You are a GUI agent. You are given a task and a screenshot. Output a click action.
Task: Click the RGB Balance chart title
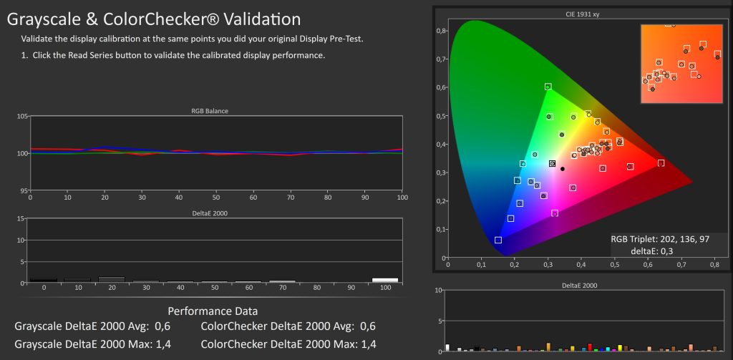(x=215, y=111)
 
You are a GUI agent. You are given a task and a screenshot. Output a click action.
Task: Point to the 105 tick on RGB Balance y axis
(x=22, y=116)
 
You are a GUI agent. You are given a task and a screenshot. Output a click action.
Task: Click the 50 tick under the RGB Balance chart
(x=215, y=197)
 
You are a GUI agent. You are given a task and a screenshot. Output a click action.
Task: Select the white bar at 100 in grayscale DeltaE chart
(x=384, y=280)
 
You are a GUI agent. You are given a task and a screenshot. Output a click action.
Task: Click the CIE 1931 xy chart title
(x=584, y=14)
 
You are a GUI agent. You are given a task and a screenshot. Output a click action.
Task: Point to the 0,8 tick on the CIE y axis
(x=442, y=31)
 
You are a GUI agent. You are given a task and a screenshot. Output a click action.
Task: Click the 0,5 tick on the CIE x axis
(x=614, y=265)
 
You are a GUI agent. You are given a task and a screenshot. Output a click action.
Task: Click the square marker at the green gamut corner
(x=548, y=87)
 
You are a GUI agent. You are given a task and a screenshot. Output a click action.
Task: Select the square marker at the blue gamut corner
(x=498, y=240)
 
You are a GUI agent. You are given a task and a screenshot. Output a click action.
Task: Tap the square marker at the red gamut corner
(x=661, y=163)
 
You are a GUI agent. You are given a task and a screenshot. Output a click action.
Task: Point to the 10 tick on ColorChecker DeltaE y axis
(x=439, y=291)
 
